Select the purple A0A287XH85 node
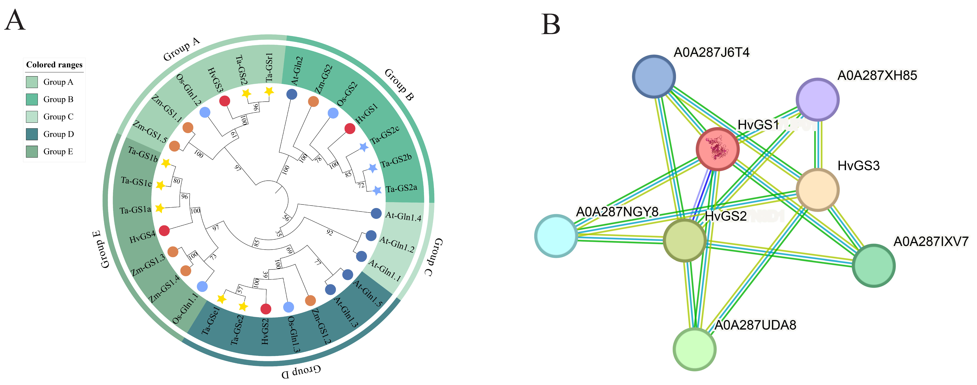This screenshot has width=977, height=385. (x=817, y=99)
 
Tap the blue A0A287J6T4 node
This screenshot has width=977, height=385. (x=654, y=76)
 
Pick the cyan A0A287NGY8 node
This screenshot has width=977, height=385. (x=556, y=236)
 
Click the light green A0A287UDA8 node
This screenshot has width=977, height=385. (x=694, y=349)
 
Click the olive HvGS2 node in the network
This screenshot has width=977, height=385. (x=685, y=240)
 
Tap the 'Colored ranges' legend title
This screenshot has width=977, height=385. (x=54, y=65)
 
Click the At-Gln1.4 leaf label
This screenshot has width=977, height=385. (x=403, y=216)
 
